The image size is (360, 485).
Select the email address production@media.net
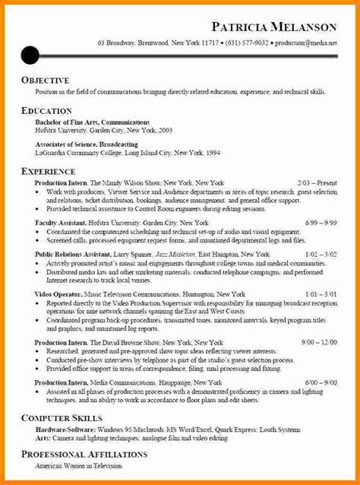pos(306,43)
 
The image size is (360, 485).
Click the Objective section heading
pos(45,80)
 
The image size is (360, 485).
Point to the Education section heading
pos(46,110)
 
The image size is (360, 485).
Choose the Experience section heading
pos(48,172)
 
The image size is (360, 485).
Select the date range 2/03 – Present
pos(317,183)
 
